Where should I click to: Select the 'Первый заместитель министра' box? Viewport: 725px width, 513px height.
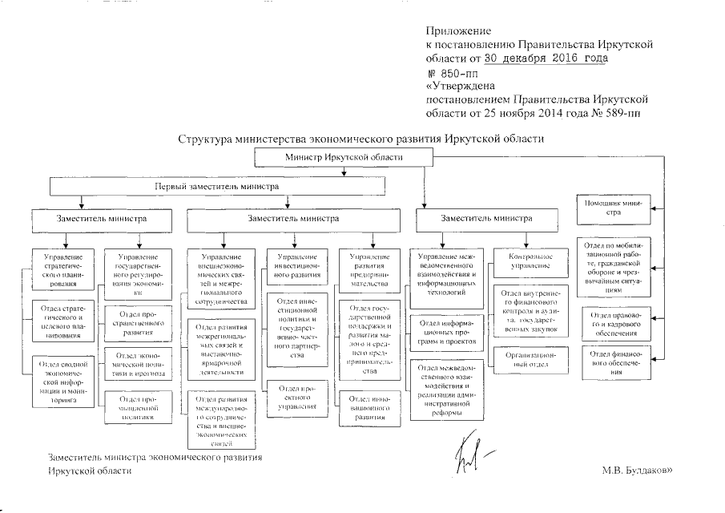point(217,186)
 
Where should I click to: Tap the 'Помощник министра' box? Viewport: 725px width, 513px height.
point(612,208)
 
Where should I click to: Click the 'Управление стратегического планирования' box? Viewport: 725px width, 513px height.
point(63,269)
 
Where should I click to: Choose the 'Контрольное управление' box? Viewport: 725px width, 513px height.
point(530,260)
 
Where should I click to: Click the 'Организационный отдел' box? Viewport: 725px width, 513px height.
point(530,357)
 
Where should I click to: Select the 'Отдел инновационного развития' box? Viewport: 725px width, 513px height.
point(369,408)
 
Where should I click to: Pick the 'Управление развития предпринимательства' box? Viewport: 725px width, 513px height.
point(369,268)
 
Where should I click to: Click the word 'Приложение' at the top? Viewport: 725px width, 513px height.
point(453,30)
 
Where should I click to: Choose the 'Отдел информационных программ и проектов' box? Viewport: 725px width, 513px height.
point(448,333)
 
